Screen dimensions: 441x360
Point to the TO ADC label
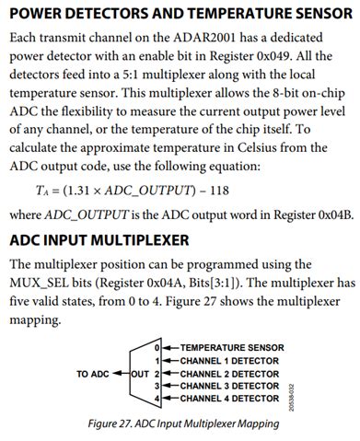pos(93,374)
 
